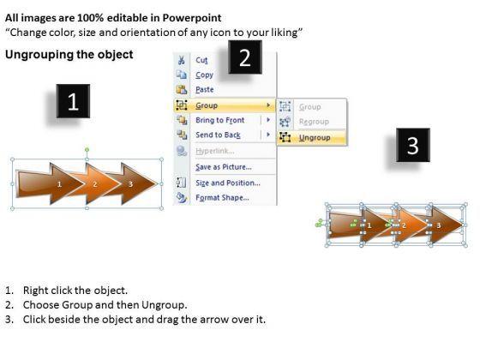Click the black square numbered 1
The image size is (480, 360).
click(x=73, y=101)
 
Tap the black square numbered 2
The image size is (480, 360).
click(x=245, y=57)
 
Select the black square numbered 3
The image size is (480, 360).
click(x=413, y=145)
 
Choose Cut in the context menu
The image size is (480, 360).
click(x=201, y=60)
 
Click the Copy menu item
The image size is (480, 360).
click(x=205, y=75)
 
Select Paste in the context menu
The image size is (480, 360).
click(x=205, y=90)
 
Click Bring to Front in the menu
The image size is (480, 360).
click(x=219, y=120)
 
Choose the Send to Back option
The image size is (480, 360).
click(x=218, y=135)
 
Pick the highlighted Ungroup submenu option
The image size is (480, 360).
click(x=315, y=137)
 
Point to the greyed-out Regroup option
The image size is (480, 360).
click(x=314, y=122)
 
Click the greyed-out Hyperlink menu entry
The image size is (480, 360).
click(x=215, y=151)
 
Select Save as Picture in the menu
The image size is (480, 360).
click(x=224, y=167)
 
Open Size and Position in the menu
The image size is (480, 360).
click(x=228, y=183)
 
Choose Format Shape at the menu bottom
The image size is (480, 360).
click(x=222, y=198)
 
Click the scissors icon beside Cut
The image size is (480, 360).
click(x=181, y=60)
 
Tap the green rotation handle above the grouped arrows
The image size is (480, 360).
click(x=87, y=150)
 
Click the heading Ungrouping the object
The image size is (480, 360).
click(x=69, y=55)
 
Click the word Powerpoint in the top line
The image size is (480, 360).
click(x=192, y=18)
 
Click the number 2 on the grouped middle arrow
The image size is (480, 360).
click(x=95, y=184)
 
